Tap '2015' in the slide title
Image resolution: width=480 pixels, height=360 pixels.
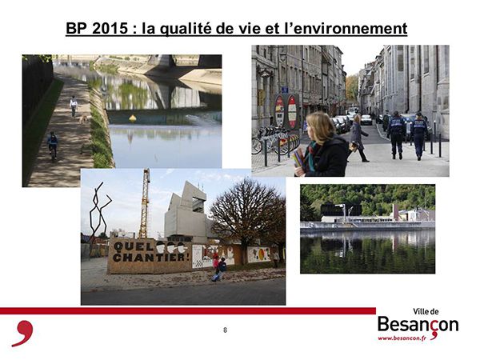coord(110,29)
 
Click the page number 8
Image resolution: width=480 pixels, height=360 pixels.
coord(226,330)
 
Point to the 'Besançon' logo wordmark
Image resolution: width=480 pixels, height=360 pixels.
coord(418,325)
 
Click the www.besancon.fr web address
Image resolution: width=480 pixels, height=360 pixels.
coord(402,338)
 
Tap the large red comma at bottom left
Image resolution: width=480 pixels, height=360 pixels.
coord(23,334)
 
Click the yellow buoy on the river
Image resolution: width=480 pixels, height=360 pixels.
coord(133,118)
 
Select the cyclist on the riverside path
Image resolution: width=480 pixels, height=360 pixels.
coord(53,146)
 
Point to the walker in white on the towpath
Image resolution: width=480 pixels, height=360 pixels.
coord(74,106)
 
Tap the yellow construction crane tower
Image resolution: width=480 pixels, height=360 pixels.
coord(144,203)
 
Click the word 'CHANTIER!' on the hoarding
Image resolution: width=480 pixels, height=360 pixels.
coord(149,257)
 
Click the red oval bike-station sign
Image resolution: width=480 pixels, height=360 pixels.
coord(292,112)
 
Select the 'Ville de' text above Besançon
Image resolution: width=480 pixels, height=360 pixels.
coord(426,312)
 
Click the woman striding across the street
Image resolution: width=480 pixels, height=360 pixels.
coord(358,138)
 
